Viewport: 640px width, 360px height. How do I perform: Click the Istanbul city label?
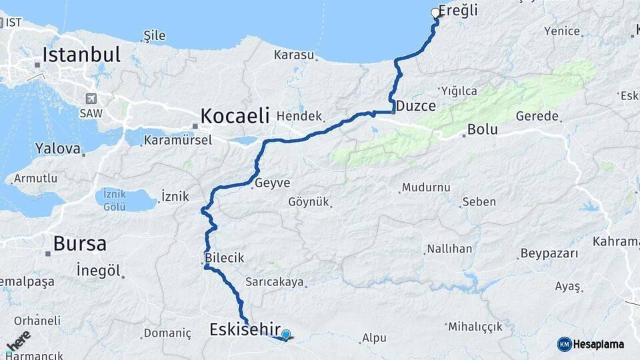81,54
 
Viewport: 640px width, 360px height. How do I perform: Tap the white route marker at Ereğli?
435,13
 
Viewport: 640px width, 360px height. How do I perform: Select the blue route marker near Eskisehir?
286,335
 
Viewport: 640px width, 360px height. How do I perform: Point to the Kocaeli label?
235,115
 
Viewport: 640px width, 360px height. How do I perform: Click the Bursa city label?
79,243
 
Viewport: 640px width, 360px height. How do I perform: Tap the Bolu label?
483,129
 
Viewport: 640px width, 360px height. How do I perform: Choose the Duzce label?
415,106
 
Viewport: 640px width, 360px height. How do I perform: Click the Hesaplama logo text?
598,344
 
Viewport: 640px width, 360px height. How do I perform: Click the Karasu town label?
293,55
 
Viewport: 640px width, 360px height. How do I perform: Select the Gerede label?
536,116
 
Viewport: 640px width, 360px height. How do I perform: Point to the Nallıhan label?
449,249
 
